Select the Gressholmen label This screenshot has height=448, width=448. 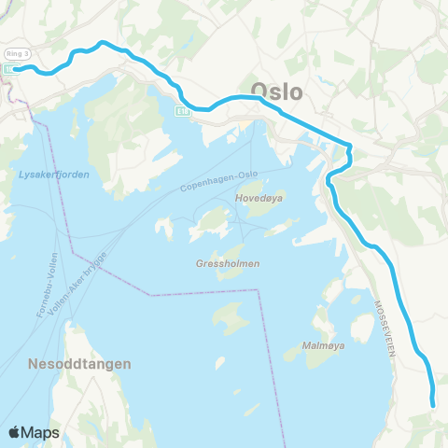(229, 264)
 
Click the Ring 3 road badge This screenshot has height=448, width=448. (18, 53)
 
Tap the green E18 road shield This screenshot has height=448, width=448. (180, 110)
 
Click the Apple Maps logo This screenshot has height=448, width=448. (34, 432)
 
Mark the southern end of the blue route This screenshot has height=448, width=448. (434, 403)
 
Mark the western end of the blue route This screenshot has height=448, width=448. (16, 68)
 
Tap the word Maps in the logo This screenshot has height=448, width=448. (41, 433)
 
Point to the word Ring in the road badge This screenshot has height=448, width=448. (13, 53)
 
